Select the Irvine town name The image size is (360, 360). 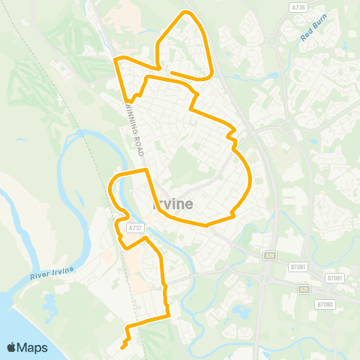coord(173,204)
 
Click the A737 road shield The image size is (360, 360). coord(135,227)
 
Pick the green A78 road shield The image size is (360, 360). coord(268,256)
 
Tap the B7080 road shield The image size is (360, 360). coord(324,304)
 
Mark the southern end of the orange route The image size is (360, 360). coord(121,346)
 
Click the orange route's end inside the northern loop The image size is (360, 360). coord(172,73)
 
